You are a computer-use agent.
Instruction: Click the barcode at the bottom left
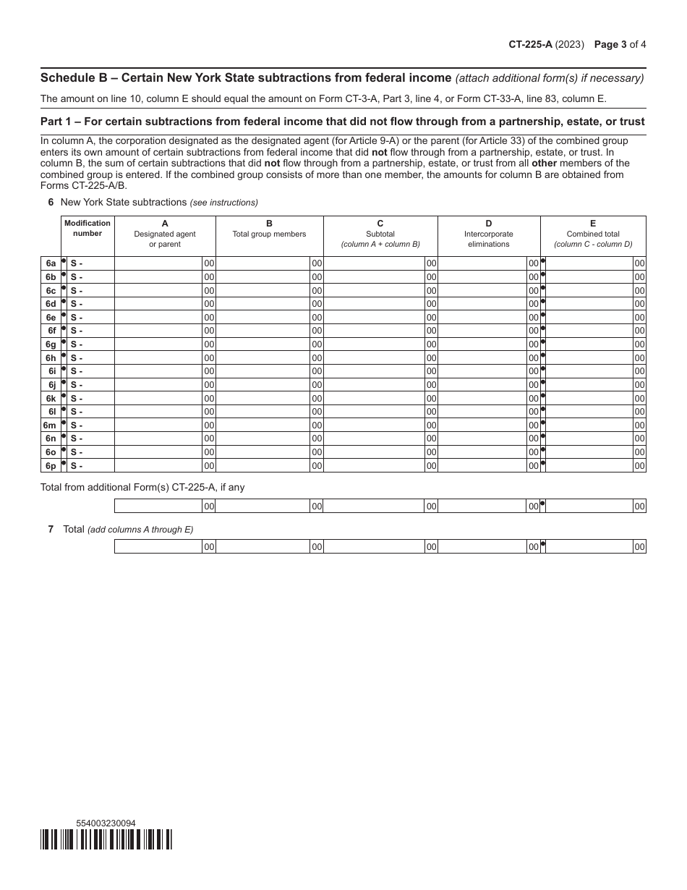click(106, 839)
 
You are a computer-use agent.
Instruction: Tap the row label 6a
click(51, 263)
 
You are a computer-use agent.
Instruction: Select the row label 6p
click(51, 466)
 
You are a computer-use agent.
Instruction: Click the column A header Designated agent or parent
click(165, 234)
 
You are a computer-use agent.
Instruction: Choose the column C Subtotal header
click(380, 234)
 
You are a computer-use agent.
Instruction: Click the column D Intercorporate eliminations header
click(489, 234)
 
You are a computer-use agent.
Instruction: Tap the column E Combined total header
click(593, 234)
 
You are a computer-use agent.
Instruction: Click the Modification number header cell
click(88, 228)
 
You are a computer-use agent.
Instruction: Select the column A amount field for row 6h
click(158, 358)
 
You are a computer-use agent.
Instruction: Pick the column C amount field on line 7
click(375, 547)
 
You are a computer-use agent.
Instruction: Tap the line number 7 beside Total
click(51, 529)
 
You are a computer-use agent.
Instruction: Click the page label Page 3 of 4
click(620, 44)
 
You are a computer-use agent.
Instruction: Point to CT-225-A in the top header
click(530, 44)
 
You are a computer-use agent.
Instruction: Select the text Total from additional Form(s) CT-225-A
click(142, 488)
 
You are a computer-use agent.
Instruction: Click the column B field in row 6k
click(263, 399)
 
